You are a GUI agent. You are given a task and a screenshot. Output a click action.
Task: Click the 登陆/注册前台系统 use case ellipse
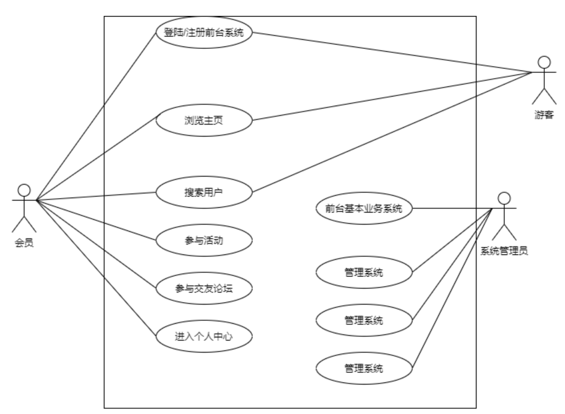tap(204, 33)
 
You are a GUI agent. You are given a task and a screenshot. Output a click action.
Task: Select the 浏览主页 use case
tap(204, 120)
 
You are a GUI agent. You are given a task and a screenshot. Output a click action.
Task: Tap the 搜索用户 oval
tap(204, 193)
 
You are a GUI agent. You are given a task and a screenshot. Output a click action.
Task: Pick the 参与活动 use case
tap(204, 240)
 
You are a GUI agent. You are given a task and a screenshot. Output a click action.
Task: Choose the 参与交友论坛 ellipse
tap(204, 288)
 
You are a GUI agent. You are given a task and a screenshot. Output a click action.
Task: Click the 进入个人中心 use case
tap(204, 336)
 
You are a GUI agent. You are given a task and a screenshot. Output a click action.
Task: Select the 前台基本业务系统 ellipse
tap(364, 208)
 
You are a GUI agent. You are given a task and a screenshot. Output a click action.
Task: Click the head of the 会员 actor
tap(24, 190)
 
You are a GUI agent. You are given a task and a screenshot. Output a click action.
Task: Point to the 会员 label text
tap(24, 243)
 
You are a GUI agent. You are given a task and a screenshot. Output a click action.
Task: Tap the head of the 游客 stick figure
tap(544, 63)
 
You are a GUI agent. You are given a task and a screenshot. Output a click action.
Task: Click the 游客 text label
tap(544, 115)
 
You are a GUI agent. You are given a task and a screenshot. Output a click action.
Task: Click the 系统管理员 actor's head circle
tap(504, 199)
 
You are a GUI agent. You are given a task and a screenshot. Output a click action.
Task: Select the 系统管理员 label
tap(504, 251)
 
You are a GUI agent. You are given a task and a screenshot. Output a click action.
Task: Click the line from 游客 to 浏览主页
tap(391, 96)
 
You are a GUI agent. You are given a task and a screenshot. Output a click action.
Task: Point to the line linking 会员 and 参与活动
tap(96, 220)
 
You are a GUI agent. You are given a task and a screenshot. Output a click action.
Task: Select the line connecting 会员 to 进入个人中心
tap(96, 268)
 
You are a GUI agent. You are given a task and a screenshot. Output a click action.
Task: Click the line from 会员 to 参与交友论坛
tap(96, 244)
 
